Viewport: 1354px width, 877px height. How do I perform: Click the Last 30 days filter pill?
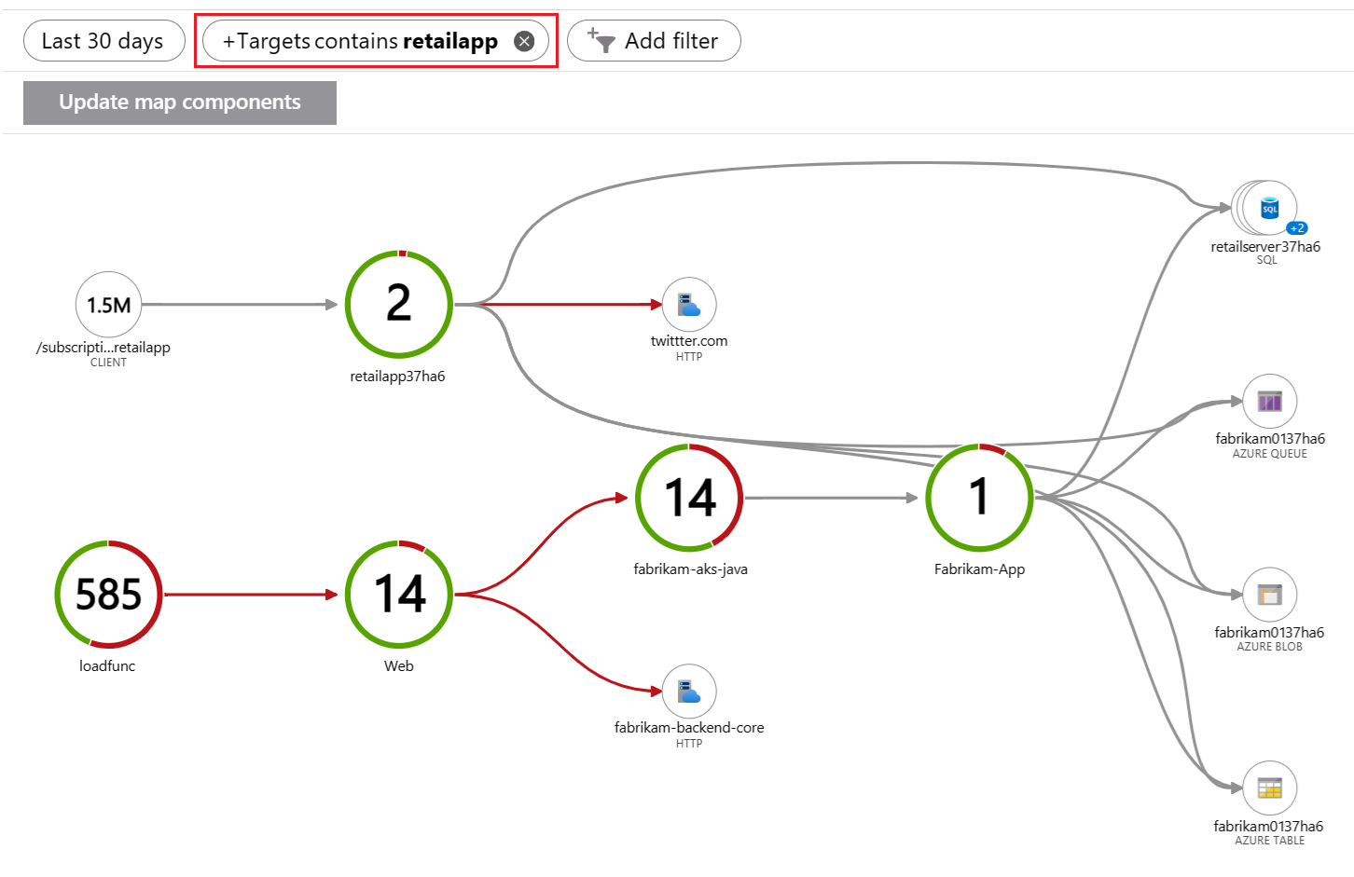(x=104, y=41)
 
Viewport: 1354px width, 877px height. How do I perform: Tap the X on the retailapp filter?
(x=524, y=41)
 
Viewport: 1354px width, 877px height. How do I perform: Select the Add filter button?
(x=654, y=41)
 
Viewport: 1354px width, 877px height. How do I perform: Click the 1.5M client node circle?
(x=108, y=305)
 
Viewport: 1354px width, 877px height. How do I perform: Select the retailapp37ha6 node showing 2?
(x=399, y=304)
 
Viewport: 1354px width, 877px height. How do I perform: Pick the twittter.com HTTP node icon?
(x=689, y=305)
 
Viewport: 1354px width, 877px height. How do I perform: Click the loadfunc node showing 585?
(x=108, y=594)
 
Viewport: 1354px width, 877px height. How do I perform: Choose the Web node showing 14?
(x=399, y=594)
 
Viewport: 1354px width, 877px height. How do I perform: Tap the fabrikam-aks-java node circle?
(x=689, y=498)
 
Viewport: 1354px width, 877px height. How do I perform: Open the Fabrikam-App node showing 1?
(x=979, y=498)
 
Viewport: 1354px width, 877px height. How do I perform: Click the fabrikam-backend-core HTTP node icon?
(x=689, y=692)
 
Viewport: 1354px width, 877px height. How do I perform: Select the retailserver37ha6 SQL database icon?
(x=1269, y=208)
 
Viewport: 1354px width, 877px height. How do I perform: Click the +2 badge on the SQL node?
(x=1296, y=228)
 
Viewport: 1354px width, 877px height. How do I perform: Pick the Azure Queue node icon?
(x=1269, y=401)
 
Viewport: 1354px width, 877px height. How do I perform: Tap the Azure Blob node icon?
(x=1269, y=595)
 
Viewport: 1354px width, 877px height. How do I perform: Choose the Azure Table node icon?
(x=1269, y=788)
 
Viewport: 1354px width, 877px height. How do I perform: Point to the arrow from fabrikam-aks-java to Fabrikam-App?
(x=830, y=498)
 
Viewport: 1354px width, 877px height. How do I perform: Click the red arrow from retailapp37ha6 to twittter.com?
(x=569, y=304)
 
